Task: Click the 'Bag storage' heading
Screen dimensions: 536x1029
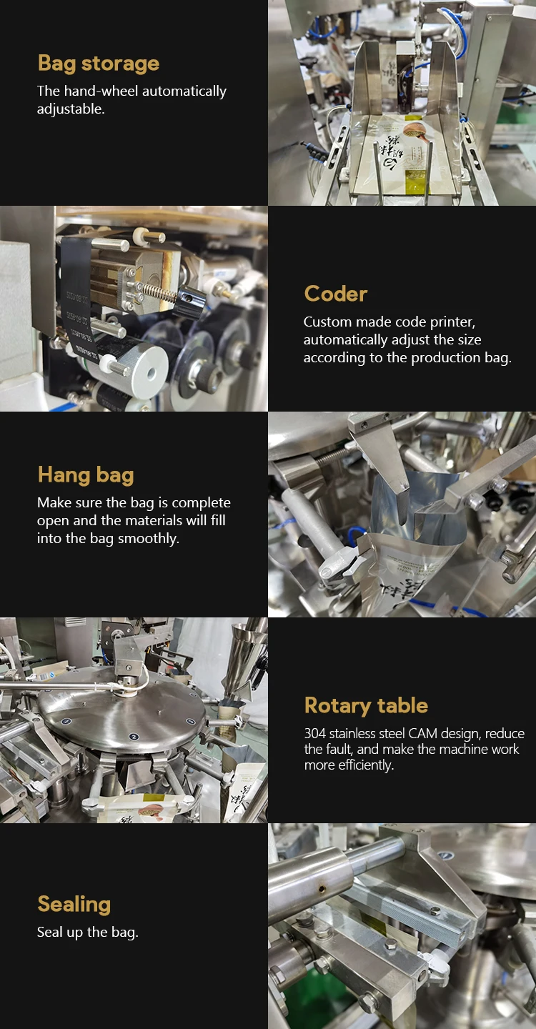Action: (99, 64)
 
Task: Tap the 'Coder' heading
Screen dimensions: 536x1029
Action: (336, 294)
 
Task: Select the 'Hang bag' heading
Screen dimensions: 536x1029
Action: (86, 475)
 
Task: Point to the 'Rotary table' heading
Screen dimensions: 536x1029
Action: (366, 705)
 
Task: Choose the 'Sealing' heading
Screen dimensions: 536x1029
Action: (74, 905)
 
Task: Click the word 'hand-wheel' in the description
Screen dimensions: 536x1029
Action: (101, 91)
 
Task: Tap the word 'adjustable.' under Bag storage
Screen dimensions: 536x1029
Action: (71, 109)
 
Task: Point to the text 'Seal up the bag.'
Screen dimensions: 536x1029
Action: (88, 932)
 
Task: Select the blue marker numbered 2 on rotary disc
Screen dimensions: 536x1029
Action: (134, 736)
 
